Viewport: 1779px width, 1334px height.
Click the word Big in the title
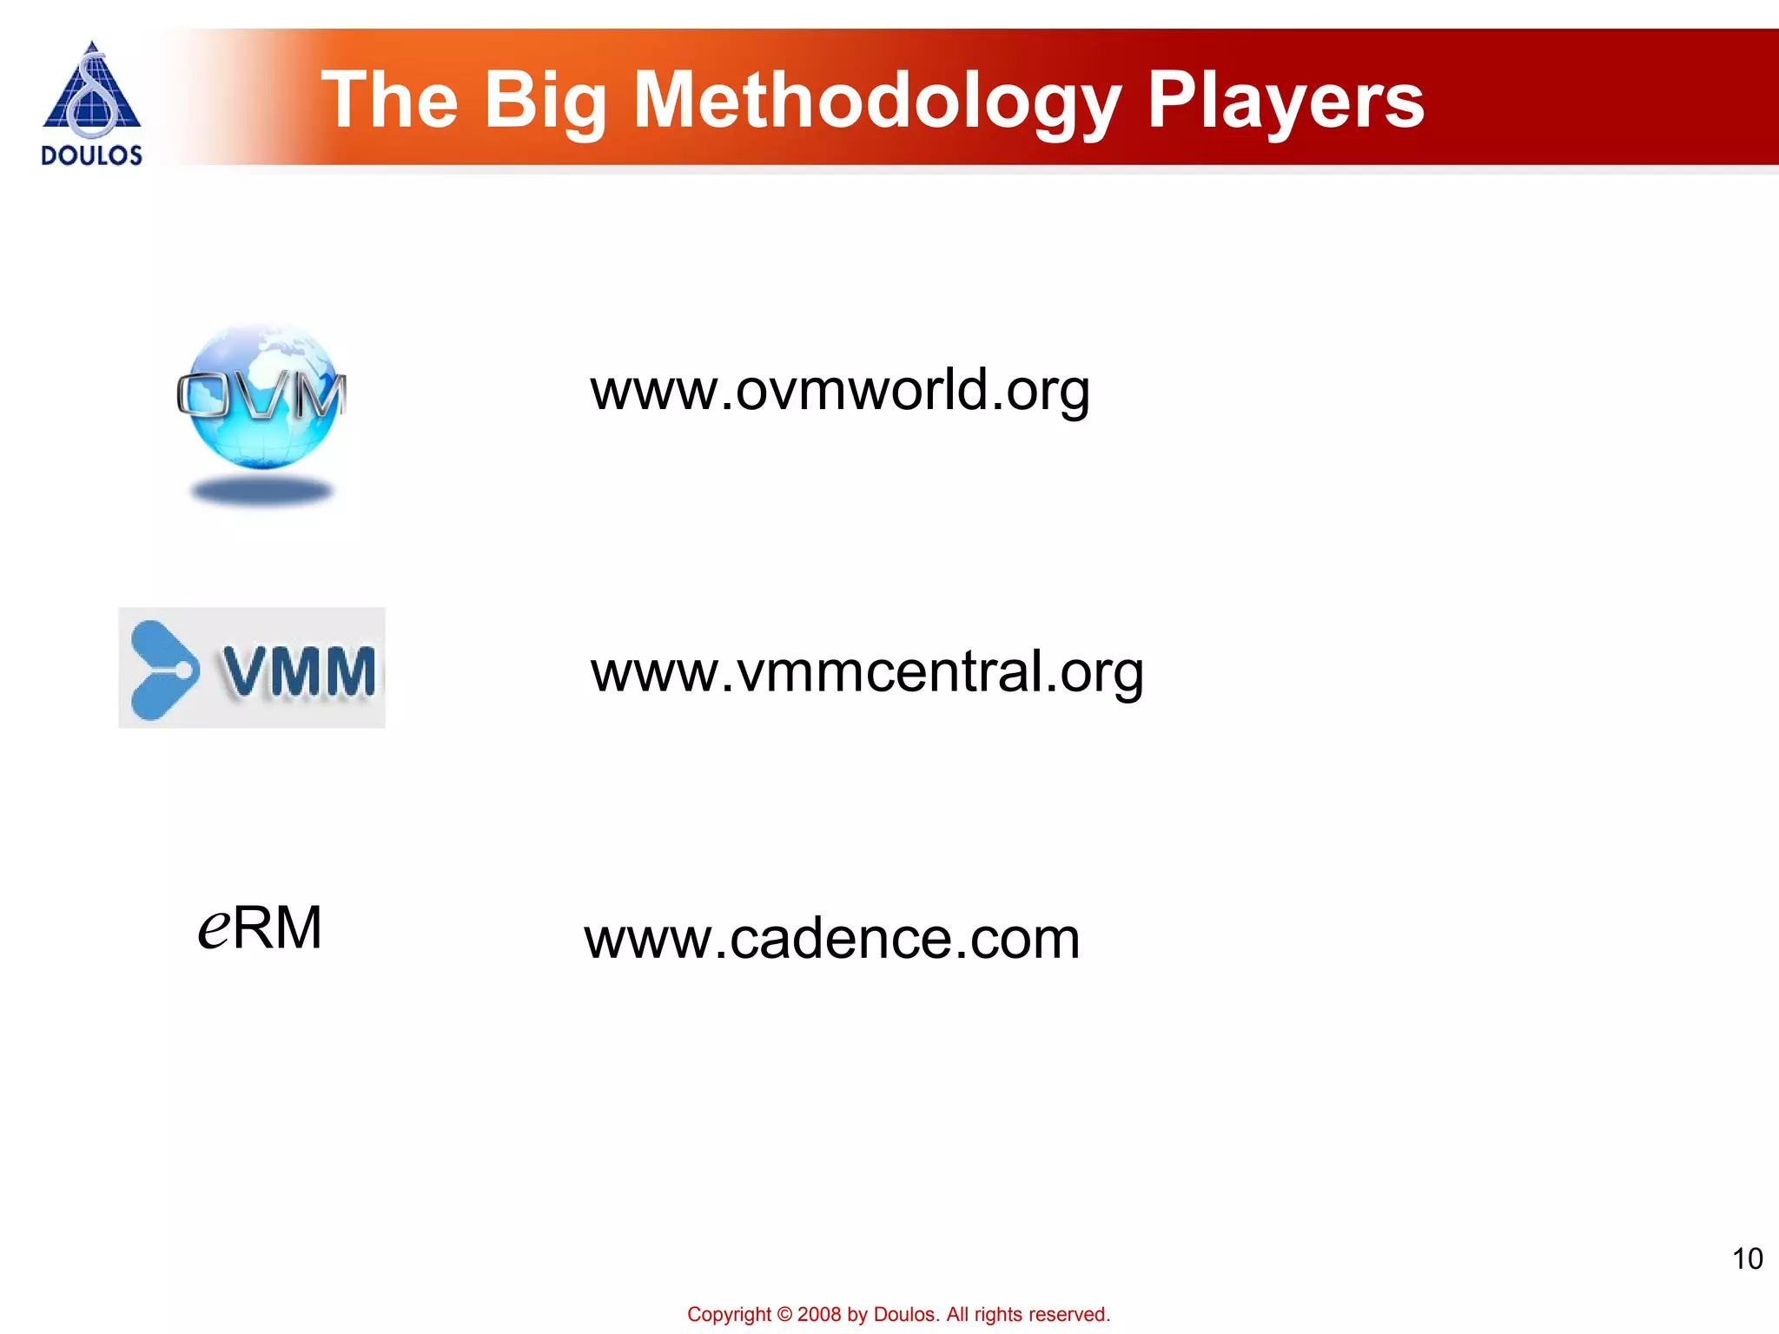tap(545, 102)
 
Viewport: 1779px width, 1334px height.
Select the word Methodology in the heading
tap(876, 102)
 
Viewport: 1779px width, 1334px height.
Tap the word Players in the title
tap(1285, 102)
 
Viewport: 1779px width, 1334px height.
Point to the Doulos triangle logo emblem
tap(91, 91)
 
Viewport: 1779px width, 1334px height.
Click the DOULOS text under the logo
tap(91, 155)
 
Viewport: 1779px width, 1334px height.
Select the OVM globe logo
tap(262, 397)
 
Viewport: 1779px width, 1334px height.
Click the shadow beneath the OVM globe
tap(262, 492)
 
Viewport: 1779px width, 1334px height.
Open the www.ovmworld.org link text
tap(839, 390)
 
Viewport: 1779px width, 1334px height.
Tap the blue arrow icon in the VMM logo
tap(163, 670)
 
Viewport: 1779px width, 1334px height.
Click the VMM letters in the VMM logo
tap(299, 671)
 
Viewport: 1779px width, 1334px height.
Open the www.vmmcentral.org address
tap(867, 672)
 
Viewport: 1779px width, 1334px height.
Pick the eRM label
tap(260, 928)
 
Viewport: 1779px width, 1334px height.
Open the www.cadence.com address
tap(832, 939)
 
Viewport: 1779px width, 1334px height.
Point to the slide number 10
tap(1747, 1258)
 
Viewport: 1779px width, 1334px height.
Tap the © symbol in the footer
tap(784, 1315)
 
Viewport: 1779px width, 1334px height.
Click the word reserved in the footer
tap(1072, 1315)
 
